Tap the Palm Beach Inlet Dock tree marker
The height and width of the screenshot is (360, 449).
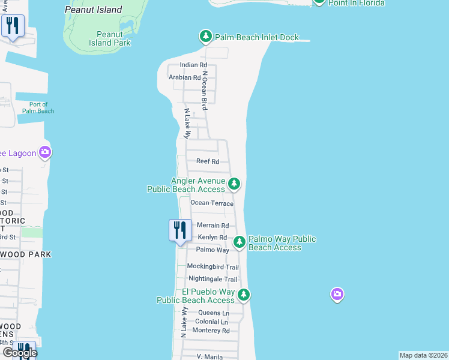point(206,37)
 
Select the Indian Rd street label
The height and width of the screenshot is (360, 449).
point(193,65)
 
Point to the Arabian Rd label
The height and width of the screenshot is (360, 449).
point(184,77)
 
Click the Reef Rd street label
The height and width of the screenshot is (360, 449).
point(208,161)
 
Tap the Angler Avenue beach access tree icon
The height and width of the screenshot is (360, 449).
point(235,184)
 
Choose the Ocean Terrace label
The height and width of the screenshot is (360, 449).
point(212,203)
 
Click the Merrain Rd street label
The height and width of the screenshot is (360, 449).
point(213,226)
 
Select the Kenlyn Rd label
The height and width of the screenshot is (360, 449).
point(212,238)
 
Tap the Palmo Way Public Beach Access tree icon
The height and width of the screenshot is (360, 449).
point(240,242)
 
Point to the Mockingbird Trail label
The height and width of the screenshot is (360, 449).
point(212,267)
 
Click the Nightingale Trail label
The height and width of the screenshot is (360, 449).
point(212,279)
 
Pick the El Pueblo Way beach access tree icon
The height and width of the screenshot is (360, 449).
point(243,295)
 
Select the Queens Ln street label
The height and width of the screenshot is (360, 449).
point(214,313)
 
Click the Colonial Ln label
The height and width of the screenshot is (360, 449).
point(211,322)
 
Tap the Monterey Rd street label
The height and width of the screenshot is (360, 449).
point(212,331)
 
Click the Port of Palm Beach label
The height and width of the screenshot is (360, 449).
point(38,107)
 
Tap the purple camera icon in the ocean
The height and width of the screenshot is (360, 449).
point(337,294)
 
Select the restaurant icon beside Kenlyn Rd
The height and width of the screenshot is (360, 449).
point(180,230)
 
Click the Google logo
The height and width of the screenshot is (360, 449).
point(20,353)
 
